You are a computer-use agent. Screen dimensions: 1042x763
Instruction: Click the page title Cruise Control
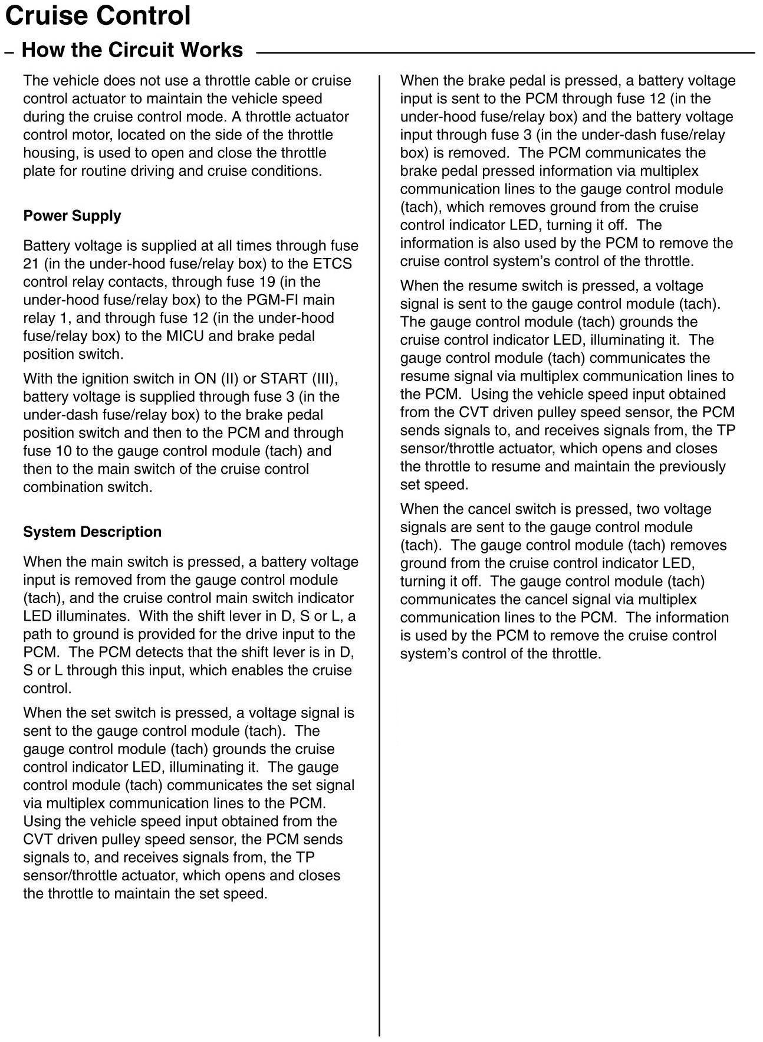(97, 16)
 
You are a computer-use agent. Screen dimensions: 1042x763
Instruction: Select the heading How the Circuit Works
(132, 50)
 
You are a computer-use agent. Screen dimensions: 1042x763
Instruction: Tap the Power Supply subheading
(72, 216)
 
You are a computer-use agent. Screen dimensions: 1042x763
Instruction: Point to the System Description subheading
(92, 532)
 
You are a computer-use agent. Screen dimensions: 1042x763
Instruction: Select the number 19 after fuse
(263, 282)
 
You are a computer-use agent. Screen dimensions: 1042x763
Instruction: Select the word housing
(50, 153)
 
